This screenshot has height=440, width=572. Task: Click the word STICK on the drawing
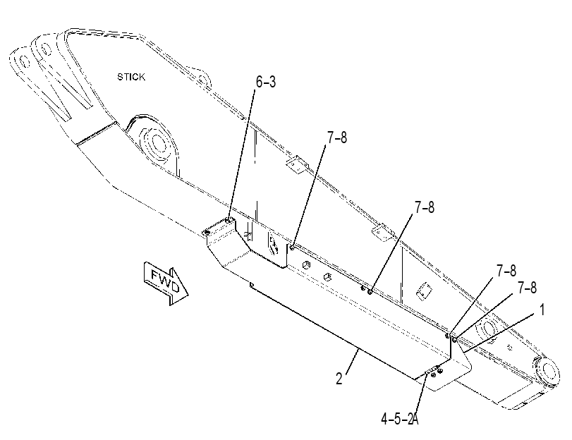131,77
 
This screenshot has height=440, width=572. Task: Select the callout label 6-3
266,82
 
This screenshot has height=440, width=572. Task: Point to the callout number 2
339,379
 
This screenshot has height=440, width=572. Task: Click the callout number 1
542,310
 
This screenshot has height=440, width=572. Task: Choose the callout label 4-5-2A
400,419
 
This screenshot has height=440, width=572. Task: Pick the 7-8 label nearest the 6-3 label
337,138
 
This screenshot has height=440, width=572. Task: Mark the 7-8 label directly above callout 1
527,288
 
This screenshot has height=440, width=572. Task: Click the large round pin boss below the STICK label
156,143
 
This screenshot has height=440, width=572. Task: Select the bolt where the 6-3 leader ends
228,221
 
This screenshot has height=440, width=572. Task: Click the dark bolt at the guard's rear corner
207,232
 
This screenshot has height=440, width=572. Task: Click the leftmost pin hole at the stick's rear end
24,61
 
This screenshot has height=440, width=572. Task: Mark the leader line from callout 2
353,361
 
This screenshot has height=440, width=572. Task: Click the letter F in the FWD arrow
156,275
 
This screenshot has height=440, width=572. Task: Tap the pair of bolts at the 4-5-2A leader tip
436,372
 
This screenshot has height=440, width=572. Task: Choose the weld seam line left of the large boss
97,134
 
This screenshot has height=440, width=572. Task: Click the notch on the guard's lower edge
251,284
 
